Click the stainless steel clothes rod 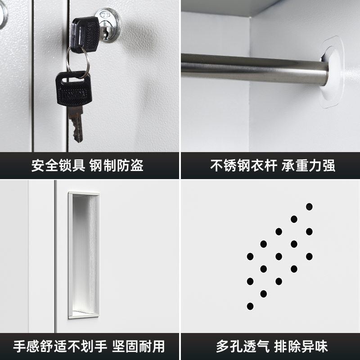(x=252, y=68)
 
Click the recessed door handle (x=84, y=254)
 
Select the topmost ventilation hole (x=309, y=207)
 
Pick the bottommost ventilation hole (x=250, y=306)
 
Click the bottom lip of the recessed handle (x=84, y=313)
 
